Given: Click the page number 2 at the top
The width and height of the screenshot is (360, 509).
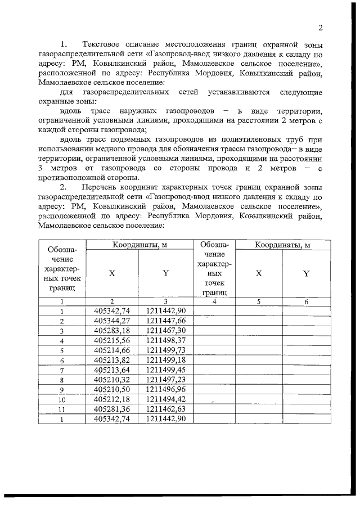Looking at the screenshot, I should (320, 28).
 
